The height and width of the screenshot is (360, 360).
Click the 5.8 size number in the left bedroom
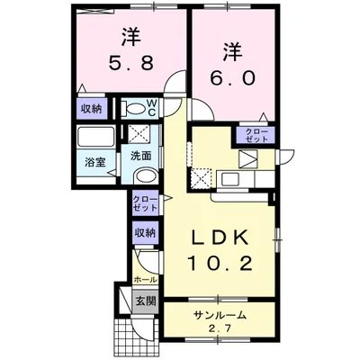(129, 66)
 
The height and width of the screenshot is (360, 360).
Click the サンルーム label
(219, 315)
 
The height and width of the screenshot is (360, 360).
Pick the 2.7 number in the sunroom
(219, 328)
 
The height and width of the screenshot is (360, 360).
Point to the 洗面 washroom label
(141, 155)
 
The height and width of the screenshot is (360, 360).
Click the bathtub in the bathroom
(95, 140)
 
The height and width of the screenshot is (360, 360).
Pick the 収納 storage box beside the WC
(91, 109)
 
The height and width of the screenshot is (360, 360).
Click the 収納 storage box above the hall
(146, 233)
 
